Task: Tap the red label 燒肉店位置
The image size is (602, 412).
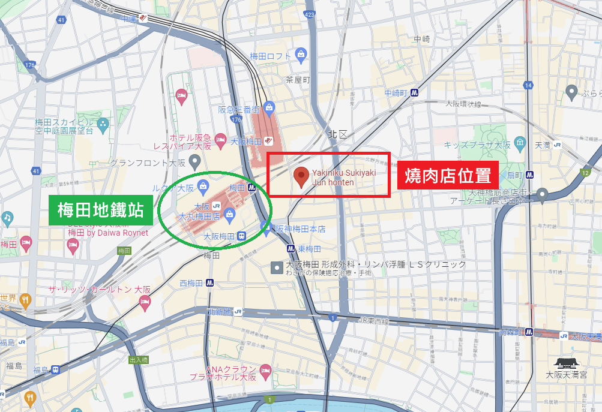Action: [448, 176]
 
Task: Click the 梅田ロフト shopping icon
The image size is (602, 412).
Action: [301, 56]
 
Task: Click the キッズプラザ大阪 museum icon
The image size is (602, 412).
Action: [520, 145]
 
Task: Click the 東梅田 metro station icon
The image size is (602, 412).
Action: [290, 248]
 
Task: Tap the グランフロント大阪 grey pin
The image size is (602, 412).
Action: [194, 161]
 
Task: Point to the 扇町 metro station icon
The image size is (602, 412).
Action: [530, 175]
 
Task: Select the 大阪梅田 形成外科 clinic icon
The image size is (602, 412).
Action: [277, 264]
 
